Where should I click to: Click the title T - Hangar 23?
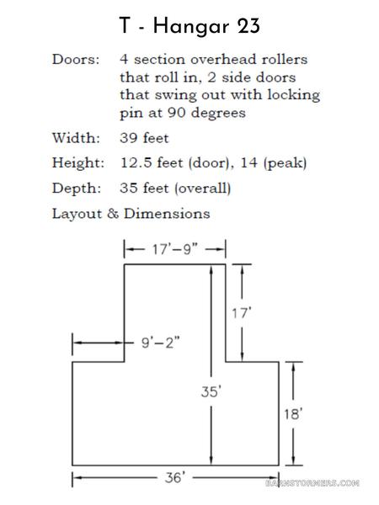[x=189, y=26]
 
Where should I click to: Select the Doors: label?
[x=76, y=59]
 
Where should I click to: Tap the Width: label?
[x=76, y=138]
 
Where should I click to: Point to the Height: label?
[x=78, y=163]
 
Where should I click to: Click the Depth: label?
[x=77, y=189]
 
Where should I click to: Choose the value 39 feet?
[x=144, y=138]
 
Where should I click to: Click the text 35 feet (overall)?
[x=175, y=189]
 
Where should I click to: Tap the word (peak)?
[x=285, y=163]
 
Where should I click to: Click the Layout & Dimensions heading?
[x=131, y=214]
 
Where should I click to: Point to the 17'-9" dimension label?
[x=174, y=249]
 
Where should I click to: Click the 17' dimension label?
[x=242, y=313]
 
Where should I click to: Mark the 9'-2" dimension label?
[x=161, y=343]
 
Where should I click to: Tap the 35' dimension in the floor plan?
[x=211, y=391]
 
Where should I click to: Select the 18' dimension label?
[x=293, y=414]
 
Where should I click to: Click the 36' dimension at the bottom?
[x=175, y=477]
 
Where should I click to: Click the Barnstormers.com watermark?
[x=312, y=483]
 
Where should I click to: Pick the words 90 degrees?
[x=206, y=113]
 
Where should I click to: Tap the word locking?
[x=294, y=95]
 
